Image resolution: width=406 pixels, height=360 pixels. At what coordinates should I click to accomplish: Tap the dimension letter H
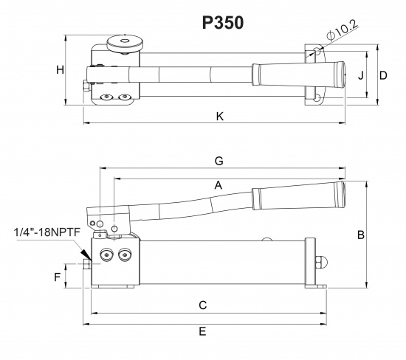(x=61, y=70)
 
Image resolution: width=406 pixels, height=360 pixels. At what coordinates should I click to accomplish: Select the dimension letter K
(x=219, y=116)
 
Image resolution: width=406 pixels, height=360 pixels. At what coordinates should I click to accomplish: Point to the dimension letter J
(x=359, y=75)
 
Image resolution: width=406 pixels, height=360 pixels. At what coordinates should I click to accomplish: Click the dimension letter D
(x=383, y=75)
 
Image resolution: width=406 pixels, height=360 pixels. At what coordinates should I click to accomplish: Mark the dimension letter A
(x=218, y=187)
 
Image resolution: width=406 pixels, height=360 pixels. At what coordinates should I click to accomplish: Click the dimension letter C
(x=202, y=305)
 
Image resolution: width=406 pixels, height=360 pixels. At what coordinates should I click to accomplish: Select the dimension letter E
(x=202, y=332)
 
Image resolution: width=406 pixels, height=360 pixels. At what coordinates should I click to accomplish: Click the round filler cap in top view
(x=125, y=44)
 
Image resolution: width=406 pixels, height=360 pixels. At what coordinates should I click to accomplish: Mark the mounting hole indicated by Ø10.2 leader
(x=315, y=51)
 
